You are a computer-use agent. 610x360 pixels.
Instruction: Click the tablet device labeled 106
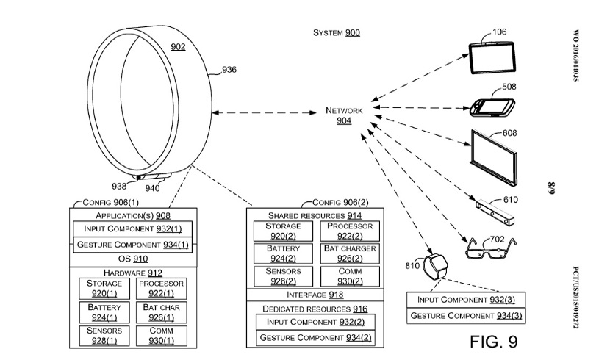click(492, 58)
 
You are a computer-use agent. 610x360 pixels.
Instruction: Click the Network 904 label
click(344, 115)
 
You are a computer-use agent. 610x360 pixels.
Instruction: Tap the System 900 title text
click(337, 33)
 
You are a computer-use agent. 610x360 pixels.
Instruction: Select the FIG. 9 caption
click(492, 342)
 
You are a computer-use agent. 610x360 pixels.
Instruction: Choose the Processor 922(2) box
click(349, 231)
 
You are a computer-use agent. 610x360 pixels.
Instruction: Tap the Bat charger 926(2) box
click(349, 253)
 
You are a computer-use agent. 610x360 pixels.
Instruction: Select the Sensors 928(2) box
click(273, 276)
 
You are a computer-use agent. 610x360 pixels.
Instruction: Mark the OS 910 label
click(132, 259)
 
